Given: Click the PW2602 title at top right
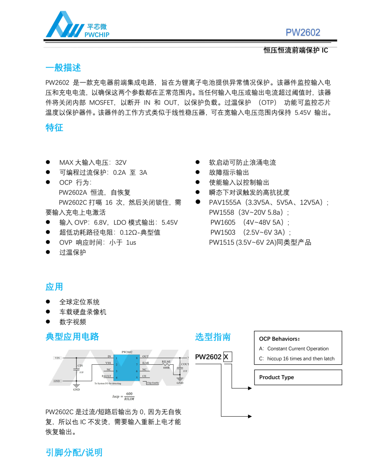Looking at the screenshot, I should tap(303, 33).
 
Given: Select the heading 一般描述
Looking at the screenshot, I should tap(63, 68).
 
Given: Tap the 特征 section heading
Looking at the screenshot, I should tap(54, 128).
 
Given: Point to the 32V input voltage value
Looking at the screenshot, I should tap(121, 163).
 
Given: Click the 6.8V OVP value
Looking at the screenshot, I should tap(102, 223).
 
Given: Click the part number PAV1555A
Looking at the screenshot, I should tap(225, 203).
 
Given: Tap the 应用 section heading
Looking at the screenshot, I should tap(54, 287).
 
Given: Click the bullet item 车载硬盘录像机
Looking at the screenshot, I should tap(83, 312).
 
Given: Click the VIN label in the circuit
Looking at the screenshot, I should tap(57, 358).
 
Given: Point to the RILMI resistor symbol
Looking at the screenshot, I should tap(166, 364).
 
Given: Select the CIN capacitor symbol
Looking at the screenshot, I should tap(77, 369).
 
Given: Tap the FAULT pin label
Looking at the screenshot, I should tap(106, 376).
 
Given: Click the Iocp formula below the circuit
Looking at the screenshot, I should tap(123, 396).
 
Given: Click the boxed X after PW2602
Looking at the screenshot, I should tap(228, 357).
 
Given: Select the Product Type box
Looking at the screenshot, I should tap(298, 377).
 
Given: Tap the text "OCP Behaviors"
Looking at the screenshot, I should tap(279, 339).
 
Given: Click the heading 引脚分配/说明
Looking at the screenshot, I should tap(74, 453).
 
